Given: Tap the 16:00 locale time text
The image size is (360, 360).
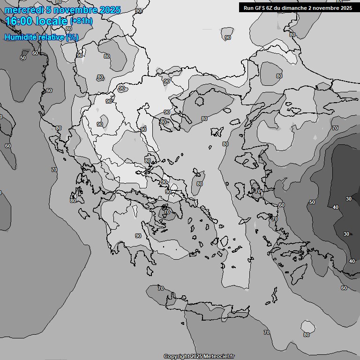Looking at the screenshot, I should pos(37,21).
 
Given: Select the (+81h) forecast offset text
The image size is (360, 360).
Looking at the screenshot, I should pos(81,21).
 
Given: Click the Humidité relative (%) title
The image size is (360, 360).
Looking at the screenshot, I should pos(41,37).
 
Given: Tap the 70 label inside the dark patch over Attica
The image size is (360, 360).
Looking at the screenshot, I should pos(166,212).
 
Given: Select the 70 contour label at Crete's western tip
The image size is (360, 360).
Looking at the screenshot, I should pos(161,288).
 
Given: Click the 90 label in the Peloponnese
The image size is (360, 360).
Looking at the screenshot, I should pos(138,236).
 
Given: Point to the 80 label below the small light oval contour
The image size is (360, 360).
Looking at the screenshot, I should pos(307,335).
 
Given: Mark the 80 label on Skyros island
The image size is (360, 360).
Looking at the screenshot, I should pos(200,184).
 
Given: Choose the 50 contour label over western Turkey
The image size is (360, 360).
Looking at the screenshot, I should pos(312,202).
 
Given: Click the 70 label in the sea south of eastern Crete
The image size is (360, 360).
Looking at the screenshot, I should pos(266,332).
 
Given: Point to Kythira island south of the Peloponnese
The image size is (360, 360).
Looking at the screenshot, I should pos(150,271).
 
